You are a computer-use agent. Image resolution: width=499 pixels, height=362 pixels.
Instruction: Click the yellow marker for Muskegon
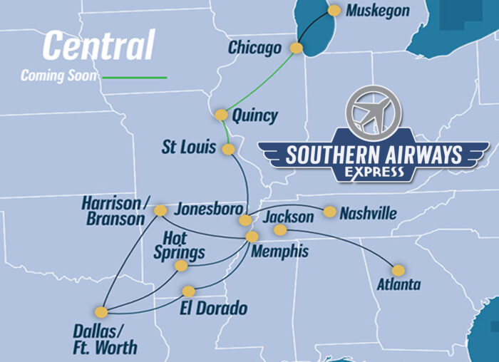click(334, 11)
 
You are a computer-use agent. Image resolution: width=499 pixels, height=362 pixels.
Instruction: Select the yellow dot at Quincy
click(221, 114)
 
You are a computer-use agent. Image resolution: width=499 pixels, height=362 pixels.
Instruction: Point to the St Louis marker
click(228, 149)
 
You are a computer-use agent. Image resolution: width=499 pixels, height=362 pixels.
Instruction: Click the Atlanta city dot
click(398, 270)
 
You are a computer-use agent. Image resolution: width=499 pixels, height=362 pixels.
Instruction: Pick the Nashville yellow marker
click(329, 212)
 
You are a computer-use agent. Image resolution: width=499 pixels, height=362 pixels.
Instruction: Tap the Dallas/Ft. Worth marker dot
click(101, 312)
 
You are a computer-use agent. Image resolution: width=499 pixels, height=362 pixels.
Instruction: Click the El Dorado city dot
click(188, 291)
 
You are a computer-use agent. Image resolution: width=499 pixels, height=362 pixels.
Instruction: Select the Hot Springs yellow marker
click(181, 266)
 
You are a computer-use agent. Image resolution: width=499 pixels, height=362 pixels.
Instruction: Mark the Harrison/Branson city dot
click(160, 210)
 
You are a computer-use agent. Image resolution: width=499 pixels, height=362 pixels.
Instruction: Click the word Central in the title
click(98, 46)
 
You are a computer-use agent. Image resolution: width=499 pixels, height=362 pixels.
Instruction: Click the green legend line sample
click(135, 77)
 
